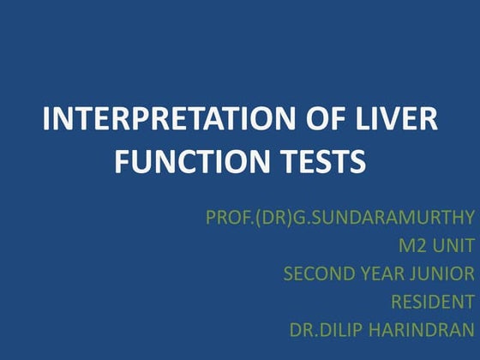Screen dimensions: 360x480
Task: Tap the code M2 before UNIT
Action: [414, 247]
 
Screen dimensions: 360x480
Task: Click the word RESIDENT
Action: [432, 302]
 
